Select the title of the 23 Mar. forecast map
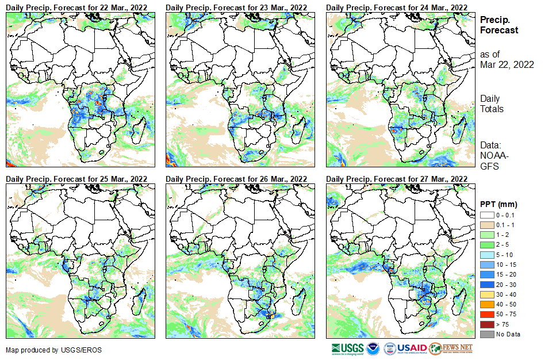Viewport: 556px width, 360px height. click(x=236, y=6)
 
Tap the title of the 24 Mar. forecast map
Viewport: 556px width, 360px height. click(x=396, y=6)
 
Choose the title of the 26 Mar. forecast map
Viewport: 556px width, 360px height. click(x=236, y=179)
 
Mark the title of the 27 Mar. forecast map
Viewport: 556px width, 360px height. click(x=396, y=179)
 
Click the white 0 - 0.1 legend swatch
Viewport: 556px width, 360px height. click(x=486, y=215)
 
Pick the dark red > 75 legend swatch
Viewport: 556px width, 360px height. click(x=486, y=324)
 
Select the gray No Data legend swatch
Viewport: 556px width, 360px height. click(x=486, y=334)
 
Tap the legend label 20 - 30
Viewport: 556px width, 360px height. click(x=507, y=285)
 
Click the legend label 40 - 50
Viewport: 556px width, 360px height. click(x=507, y=304)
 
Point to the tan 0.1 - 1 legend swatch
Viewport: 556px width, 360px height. click(x=486, y=225)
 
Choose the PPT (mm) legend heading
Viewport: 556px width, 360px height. click(x=499, y=204)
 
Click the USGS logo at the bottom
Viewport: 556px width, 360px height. click(x=347, y=348)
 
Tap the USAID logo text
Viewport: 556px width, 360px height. click(x=412, y=348)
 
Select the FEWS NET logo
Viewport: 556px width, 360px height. click(x=451, y=348)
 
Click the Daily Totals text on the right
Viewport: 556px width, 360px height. click(x=492, y=104)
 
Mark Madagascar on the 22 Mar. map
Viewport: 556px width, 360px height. click(x=139, y=129)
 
